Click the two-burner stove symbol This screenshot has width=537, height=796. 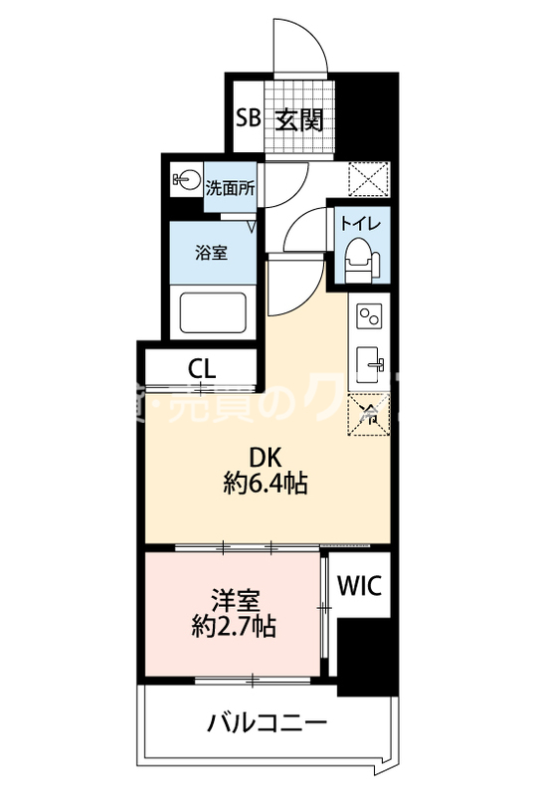pos(370,317)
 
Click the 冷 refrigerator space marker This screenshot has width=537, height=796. pos(370,414)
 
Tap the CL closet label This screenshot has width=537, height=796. pos(201,367)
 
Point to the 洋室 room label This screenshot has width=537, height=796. pos(235,600)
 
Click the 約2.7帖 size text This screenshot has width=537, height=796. pos(235,628)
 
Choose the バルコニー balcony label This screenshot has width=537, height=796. pos(266,722)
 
